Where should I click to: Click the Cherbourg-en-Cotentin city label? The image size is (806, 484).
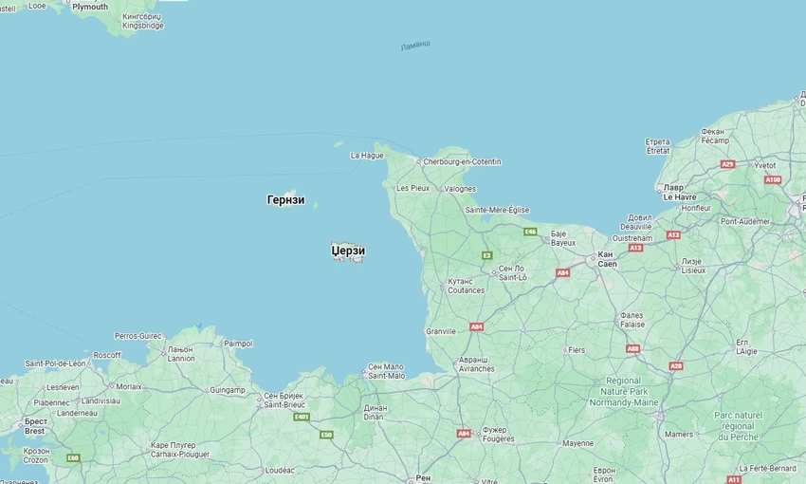pyautogui.click(x=462, y=161)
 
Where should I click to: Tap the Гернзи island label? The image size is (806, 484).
pyautogui.click(x=285, y=200)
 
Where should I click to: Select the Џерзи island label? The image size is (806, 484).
pyautogui.click(x=348, y=251)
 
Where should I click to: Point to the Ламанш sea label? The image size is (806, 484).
pyautogui.click(x=414, y=46)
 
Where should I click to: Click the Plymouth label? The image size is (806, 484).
pyautogui.click(x=90, y=7)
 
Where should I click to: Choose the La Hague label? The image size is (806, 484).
pyautogui.click(x=367, y=155)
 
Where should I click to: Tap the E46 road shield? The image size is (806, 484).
pyautogui.click(x=530, y=231)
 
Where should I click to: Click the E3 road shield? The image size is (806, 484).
pyautogui.click(x=486, y=254)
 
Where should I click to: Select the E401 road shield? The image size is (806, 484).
pyautogui.click(x=302, y=416)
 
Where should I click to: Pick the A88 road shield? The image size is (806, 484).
pyautogui.click(x=632, y=348)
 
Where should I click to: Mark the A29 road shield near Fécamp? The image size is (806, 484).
pyautogui.click(x=727, y=164)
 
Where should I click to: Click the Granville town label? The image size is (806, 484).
pyautogui.click(x=441, y=331)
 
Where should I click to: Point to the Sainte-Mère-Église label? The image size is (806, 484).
pyautogui.click(x=497, y=210)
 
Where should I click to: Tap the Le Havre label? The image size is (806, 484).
pyautogui.click(x=679, y=196)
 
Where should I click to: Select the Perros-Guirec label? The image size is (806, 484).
pyautogui.click(x=137, y=336)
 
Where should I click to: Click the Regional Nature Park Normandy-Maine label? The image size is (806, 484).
pyautogui.click(x=624, y=391)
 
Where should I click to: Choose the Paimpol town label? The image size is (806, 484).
pyautogui.click(x=238, y=344)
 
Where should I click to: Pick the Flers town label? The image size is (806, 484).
pyautogui.click(x=576, y=349)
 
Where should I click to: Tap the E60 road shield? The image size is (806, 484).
pyautogui.click(x=73, y=458)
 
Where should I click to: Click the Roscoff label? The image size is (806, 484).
pyautogui.click(x=106, y=355)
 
